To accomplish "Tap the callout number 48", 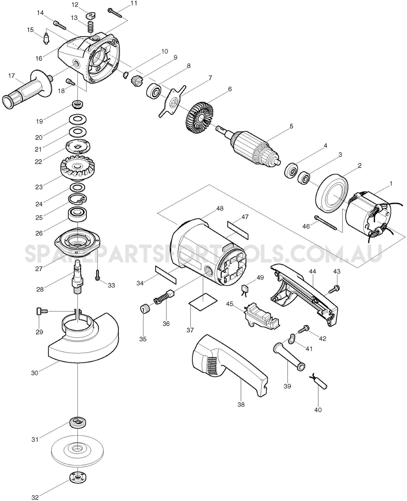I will tap(220, 208).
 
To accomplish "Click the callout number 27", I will tap(39, 269).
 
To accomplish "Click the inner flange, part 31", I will tap(78, 423).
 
